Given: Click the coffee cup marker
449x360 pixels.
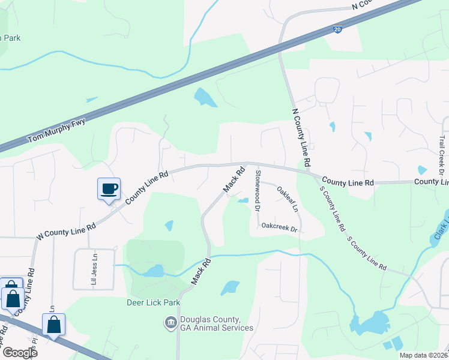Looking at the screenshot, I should pos(109,189).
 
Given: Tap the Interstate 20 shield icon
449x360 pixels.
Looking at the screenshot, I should pos(339,29).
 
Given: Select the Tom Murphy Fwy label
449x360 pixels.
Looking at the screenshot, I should pos(57,132).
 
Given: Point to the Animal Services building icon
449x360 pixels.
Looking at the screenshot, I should pos(171,323).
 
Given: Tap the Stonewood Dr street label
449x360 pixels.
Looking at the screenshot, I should pos(258,191).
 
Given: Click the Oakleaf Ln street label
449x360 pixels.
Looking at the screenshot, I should pos(287,199).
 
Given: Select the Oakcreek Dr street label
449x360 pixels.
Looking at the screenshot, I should pos(279,229).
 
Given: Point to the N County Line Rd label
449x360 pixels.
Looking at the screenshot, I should pos(301,137).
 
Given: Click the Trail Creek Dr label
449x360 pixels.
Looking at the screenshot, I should pos(442,155).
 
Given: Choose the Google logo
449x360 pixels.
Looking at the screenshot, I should pos(19,353).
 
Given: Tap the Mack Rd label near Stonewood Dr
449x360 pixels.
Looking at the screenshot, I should pos(234,179).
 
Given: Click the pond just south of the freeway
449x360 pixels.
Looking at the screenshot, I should pos(205,97).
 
